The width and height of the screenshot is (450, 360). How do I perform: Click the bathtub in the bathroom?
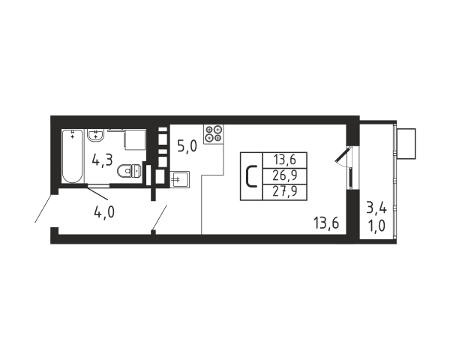pos(72,156)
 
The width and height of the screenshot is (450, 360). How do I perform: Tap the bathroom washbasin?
pos(96,135)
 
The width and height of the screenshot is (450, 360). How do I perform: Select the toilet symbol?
pos(129,171)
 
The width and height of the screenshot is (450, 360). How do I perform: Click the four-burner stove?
pos(214,134)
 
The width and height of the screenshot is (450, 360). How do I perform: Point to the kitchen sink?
pos(180,180)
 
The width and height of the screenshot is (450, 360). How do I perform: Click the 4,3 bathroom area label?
pos(102,160)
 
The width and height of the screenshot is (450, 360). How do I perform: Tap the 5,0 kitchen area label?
pos(187,147)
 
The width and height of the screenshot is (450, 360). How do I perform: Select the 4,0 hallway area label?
pos(104,213)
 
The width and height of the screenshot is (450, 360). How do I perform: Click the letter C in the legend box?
pos(251,176)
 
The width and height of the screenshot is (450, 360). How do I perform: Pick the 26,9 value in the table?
pos(285,175)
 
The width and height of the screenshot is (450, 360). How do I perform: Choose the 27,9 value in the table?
pos(285,191)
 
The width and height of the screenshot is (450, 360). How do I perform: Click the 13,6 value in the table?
pos(285,160)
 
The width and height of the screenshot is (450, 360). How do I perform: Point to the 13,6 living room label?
pos(326,223)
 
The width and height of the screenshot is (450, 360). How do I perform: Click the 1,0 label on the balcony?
pos(376,226)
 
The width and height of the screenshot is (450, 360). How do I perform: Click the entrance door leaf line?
pos(43,208)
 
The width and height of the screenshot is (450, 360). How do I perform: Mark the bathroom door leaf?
pos(97,193)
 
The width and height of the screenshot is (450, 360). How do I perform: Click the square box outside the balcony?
pos(406,144)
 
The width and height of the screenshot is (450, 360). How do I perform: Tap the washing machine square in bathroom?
pos(134,140)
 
